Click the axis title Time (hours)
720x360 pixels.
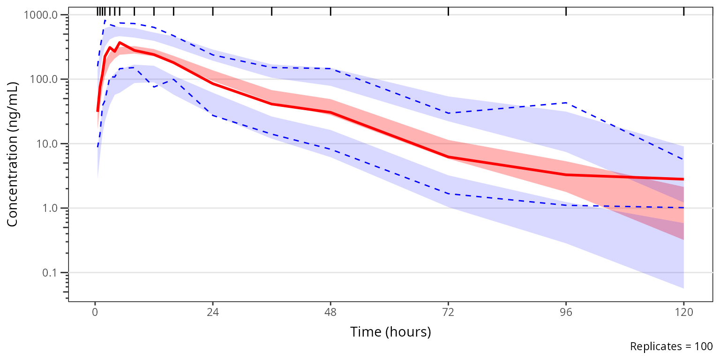pos(390,332)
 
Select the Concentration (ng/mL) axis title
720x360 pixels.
pos(13,154)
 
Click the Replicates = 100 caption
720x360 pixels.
pos(671,347)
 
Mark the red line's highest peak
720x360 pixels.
pos(120,43)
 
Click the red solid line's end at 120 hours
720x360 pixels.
pos(683,179)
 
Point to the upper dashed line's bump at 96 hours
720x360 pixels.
pos(566,103)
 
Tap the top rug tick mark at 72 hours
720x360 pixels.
pos(449,11)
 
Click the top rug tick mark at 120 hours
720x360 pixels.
pos(684,11)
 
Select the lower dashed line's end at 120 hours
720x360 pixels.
pos(683,208)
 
